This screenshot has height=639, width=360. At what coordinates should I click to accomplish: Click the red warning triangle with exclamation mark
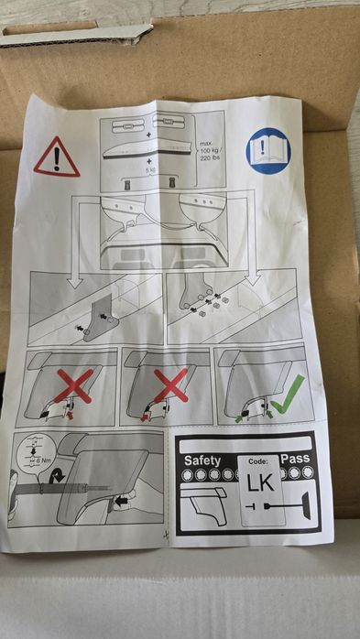pos(56,157)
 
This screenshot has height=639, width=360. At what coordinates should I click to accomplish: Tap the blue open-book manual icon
pos(267,151)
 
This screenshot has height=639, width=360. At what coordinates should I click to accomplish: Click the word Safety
pos(203,459)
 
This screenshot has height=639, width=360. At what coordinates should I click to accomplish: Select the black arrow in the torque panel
pos(121,502)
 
